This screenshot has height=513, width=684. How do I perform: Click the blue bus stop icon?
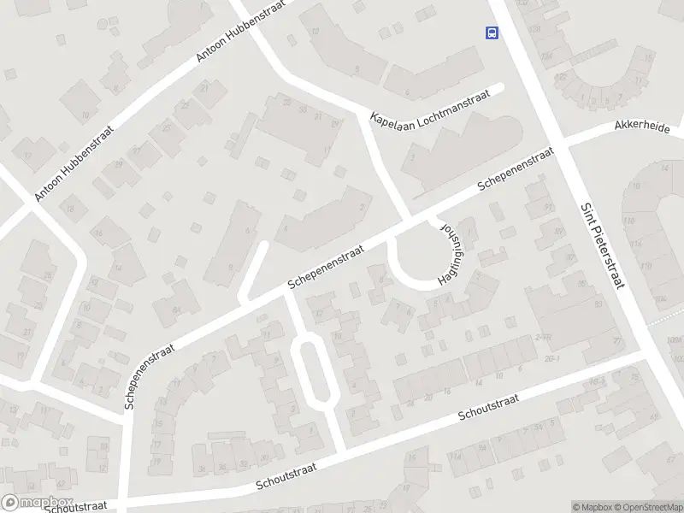[x=492, y=32]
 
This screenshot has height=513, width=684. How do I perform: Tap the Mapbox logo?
[x=37, y=503]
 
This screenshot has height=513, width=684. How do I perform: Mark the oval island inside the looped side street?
[x=313, y=369]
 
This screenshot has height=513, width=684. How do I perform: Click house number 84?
[x=177, y=310]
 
